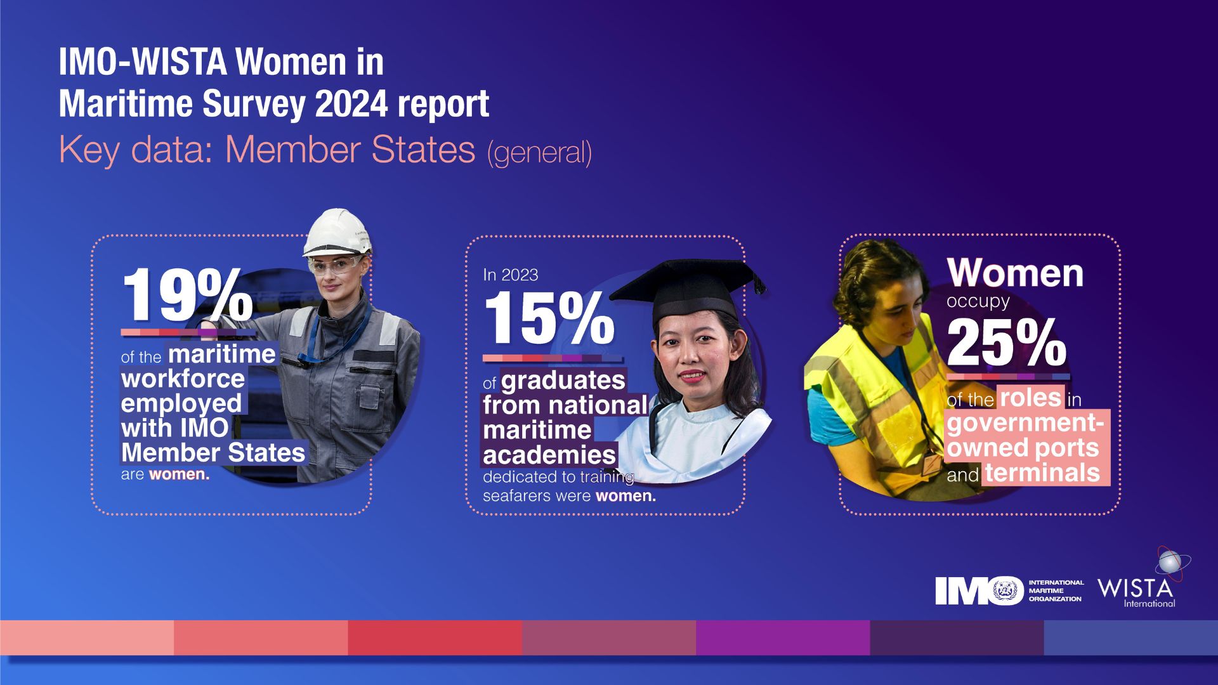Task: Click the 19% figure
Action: pos(187,295)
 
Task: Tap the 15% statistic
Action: pos(549,319)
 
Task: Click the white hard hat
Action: pos(337,232)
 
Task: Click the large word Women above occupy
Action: pos(1015,273)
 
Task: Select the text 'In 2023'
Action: pos(510,275)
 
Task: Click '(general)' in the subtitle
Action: pos(539,153)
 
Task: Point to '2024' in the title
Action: pos(351,103)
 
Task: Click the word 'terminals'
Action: pos(1042,473)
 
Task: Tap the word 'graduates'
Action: pos(563,381)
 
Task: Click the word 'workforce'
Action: pos(183,379)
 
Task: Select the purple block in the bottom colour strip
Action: pos(782,637)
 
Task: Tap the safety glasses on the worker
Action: pos(334,263)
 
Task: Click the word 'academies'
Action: pos(549,455)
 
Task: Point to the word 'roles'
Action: pos(1030,398)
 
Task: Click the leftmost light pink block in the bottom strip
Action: pos(87,637)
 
